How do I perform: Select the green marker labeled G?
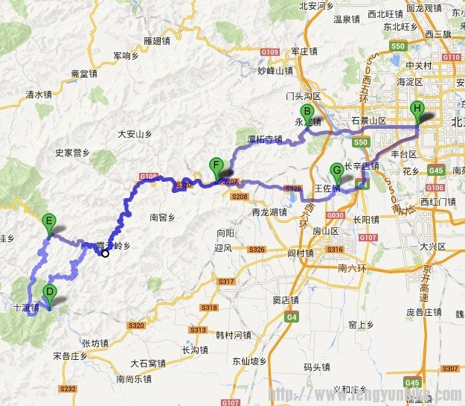coord(336,171)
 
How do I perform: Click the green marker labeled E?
coord(49,221)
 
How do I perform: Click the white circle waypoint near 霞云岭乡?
coord(106,253)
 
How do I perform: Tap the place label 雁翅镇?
coord(158,39)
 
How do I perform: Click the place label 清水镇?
coord(39,95)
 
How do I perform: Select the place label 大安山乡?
coord(135,134)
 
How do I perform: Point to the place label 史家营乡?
coord(72,153)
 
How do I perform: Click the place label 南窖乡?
coord(163,218)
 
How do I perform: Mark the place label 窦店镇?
coord(286,300)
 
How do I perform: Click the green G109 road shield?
coord(270,52)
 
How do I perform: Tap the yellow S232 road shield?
coord(68,389)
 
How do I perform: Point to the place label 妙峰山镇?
coord(275,71)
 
